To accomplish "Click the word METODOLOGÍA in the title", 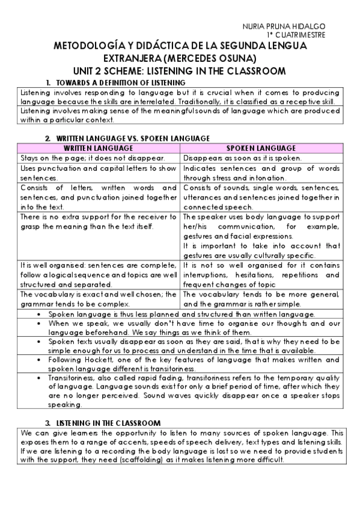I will pos(85,46).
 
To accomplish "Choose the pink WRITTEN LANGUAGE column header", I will pos(98,148).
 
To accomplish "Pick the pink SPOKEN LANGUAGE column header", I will pos(261,148).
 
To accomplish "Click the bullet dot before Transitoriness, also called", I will pos(38,377).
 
